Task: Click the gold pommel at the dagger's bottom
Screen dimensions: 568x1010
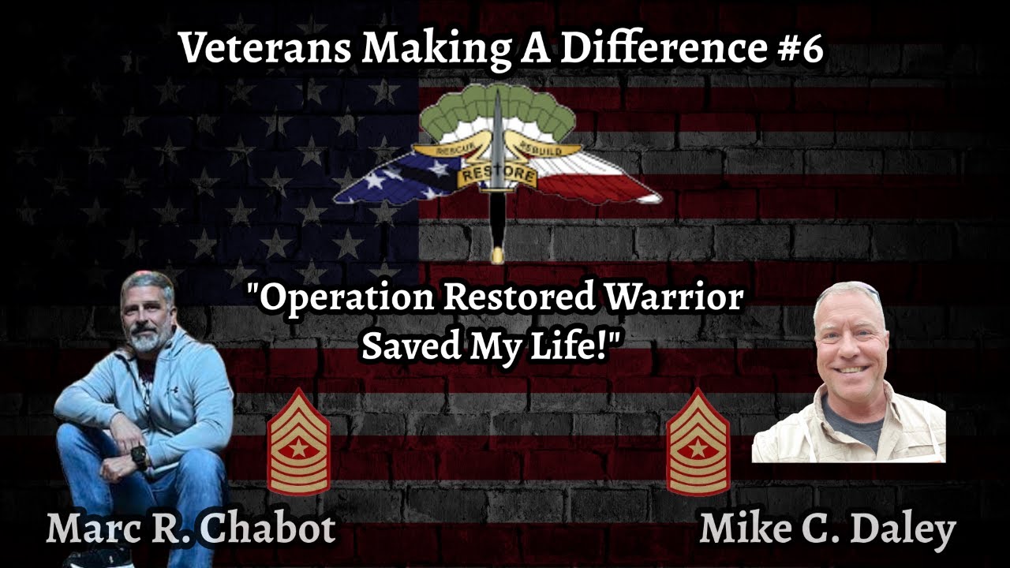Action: point(497,254)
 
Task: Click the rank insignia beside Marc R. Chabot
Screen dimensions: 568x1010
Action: point(298,442)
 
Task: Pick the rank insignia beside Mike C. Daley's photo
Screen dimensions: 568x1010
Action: point(698,442)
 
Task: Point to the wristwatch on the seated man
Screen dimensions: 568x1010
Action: point(140,457)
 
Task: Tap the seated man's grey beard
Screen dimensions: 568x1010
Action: point(147,340)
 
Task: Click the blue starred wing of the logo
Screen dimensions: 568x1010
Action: point(395,185)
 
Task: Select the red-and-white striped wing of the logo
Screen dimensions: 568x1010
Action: point(604,177)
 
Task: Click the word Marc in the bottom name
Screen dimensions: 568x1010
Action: point(87,529)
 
